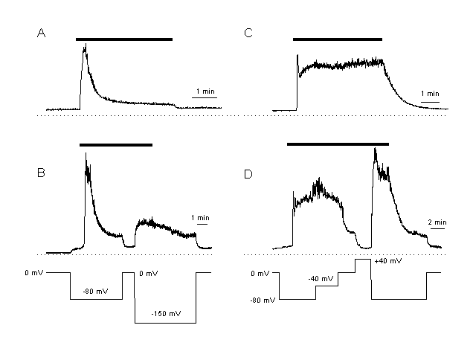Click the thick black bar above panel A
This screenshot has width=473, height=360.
point(123,39)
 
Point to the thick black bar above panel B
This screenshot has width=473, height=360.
point(115,145)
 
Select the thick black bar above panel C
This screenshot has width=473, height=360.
point(337,39)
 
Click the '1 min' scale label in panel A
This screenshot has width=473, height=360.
point(205,91)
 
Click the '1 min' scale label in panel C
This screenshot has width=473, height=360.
point(430,94)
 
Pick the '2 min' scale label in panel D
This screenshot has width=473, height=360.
point(436,222)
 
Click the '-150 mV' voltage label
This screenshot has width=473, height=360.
point(165,313)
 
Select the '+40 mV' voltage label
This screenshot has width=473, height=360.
point(387,262)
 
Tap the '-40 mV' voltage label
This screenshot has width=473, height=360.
point(320,279)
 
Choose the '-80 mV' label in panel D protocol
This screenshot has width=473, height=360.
point(266,299)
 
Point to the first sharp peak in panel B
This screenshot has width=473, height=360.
point(87,154)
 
